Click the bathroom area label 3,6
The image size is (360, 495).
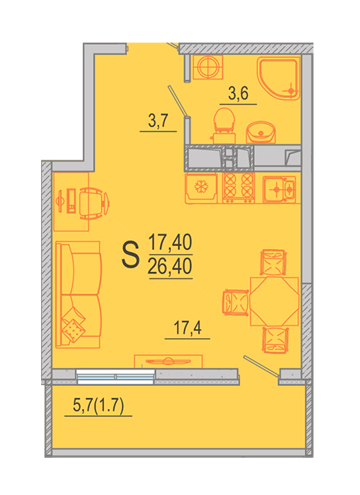tap(238, 94)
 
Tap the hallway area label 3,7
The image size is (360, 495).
tap(158, 121)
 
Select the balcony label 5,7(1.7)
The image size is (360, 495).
tap(98, 405)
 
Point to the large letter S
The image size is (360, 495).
tap(130, 254)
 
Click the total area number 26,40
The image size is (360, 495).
tap(170, 266)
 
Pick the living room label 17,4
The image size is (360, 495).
tap(187, 328)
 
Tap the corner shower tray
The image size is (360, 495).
tap(279, 78)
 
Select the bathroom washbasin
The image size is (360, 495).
tap(261, 132)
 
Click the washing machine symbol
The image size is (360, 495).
tap(207, 67)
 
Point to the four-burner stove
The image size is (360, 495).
tap(238, 188)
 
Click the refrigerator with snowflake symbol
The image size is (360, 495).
tap(201, 188)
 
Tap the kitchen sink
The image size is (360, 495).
tap(279, 189)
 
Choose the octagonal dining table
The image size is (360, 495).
tap(274, 301)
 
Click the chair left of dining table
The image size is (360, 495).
tap(236, 302)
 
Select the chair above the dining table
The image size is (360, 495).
tap(273, 262)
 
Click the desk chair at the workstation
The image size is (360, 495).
tap(94, 203)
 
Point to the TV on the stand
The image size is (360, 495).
tap(168, 361)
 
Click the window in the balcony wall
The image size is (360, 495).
tap(115, 377)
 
